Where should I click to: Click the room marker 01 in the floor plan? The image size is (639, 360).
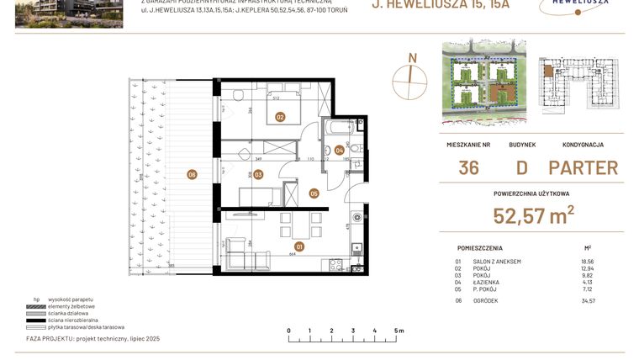pyautogui.click(x=299, y=246)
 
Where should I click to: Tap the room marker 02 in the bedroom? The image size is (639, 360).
pyautogui.click(x=280, y=118)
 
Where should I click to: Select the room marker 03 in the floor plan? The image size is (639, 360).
pyautogui.click(x=258, y=175)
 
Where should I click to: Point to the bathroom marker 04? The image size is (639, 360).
pyautogui.click(x=339, y=151)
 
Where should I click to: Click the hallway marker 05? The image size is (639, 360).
pyautogui.click(x=314, y=193)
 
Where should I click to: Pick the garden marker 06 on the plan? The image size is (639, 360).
pyautogui.click(x=193, y=174)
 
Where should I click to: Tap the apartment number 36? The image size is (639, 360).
pyautogui.click(x=468, y=167)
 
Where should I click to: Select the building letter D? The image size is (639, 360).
pyautogui.click(x=521, y=167)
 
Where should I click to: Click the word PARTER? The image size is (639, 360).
pyautogui.click(x=583, y=167)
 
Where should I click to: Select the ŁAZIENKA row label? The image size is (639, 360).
pyautogui.click(x=487, y=282)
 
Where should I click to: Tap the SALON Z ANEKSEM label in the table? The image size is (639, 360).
pyautogui.click(x=496, y=262)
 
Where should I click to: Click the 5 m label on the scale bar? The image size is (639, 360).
pyautogui.click(x=399, y=331)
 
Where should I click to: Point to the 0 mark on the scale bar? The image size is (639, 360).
pyautogui.click(x=288, y=331)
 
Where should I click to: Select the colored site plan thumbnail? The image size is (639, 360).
pyautogui.click(x=484, y=79)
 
